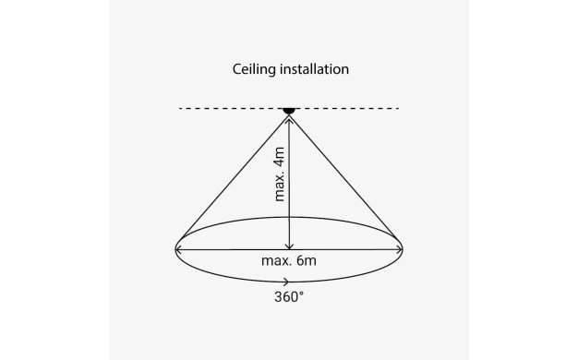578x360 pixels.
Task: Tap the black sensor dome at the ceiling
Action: [289, 111]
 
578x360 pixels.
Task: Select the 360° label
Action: [289, 297]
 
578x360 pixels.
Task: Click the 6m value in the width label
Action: [307, 261]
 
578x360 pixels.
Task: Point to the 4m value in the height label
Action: [280, 157]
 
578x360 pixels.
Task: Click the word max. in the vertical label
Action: [280, 186]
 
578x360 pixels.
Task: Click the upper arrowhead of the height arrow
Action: [289, 119]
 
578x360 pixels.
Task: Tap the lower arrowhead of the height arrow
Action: [289, 246]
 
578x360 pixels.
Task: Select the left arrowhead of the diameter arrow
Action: [178, 250]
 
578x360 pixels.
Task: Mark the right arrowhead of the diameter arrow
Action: [399, 250]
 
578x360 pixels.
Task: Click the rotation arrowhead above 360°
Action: [286, 282]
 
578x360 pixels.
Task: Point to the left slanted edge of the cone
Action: [234, 178]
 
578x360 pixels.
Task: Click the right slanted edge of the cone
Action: [344, 178]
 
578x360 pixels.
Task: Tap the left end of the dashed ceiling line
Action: [180, 108]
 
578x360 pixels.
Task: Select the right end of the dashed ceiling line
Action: [398, 108]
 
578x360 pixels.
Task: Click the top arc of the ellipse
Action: [289, 217]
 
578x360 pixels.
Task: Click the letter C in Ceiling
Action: [237, 69]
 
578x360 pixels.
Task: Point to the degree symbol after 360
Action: [302, 293]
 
